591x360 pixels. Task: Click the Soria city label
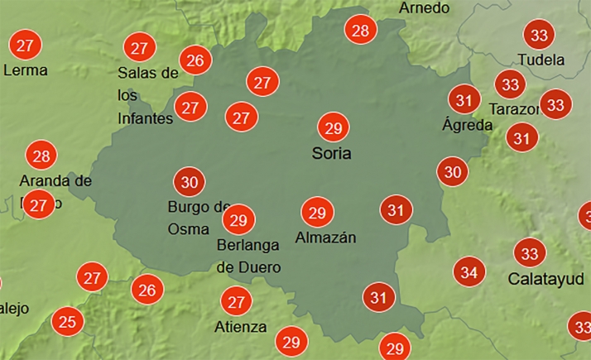coord(332,154)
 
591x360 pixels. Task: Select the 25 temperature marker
coord(66,320)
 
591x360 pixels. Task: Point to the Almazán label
coord(325,238)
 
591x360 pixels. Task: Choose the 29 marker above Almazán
coord(316,213)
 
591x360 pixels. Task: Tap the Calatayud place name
coord(546,277)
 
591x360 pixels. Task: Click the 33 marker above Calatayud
coord(530,252)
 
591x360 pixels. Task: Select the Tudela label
coord(541,60)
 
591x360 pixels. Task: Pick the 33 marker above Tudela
coord(541,36)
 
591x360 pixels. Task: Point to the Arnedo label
coord(424,8)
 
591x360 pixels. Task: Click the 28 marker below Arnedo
coord(360,31)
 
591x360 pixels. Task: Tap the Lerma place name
coord(26,70)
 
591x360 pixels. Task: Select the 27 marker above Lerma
coord(26,45)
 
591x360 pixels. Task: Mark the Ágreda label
coord(467,126)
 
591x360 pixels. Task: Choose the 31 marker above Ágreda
coord(464,101)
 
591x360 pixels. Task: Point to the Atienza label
coord(240,326)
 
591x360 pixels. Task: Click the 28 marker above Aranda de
coord(41,156)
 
